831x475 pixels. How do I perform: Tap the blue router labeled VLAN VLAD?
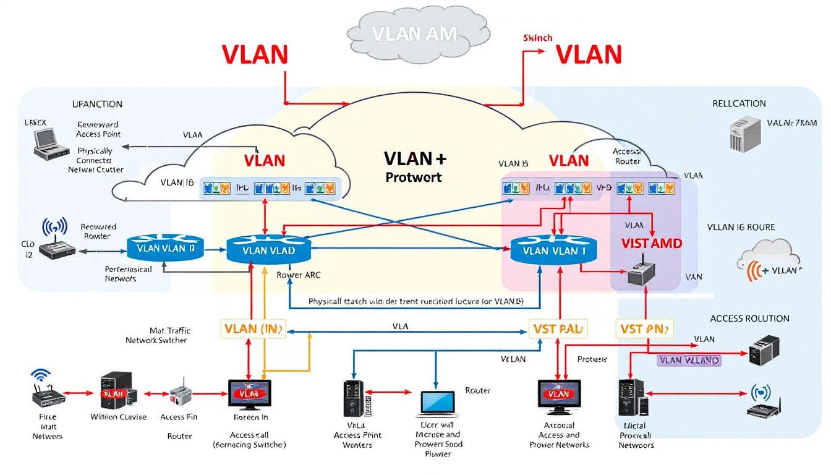click(269, 250)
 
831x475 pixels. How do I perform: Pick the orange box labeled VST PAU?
click(558, 329)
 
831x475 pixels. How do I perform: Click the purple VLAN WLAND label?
click(689, 360)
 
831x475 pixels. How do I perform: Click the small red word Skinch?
click(537, 38)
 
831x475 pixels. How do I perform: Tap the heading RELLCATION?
click(739, 103)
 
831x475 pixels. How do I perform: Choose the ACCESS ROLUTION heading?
click(749, 319)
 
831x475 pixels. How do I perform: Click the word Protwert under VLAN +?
click(414, 177)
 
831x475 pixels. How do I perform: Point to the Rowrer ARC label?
click(299, 275)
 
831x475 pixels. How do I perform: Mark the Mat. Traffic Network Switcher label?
click(156, 335)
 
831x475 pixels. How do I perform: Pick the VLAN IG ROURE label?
click(741, 227)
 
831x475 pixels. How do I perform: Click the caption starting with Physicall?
click(415, 302)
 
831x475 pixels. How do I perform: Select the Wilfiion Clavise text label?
click(118, 417)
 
